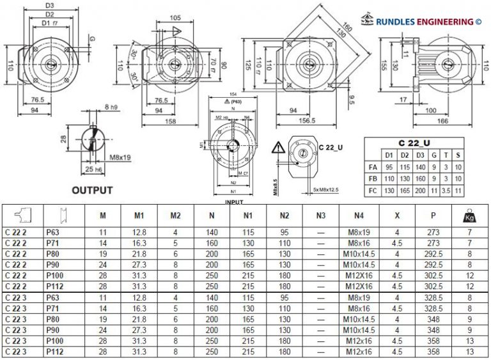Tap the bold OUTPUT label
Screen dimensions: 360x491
point(92,190)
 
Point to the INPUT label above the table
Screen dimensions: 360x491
point(234,201)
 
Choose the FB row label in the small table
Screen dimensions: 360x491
point(374,178)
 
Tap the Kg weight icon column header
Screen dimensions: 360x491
point(469,215)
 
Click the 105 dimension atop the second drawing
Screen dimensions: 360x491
point(176,19)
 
